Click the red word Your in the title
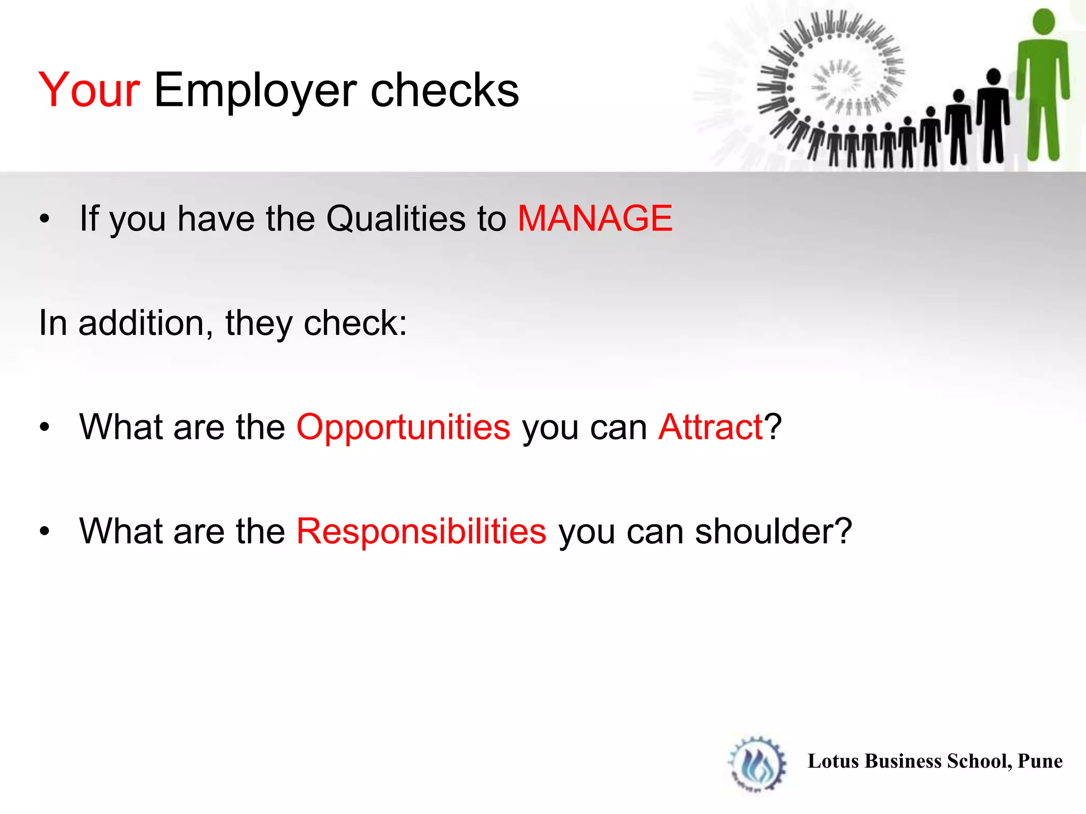(x=89, y=90)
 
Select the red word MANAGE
(x=594, y=218)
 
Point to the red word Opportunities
(x=403, y=427)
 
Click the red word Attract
(x=710, y=427)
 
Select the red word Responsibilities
(x=421, y=531)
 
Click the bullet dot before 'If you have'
(x=45, y=218)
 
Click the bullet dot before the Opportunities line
(x=45, y=427)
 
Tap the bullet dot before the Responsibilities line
(x=45, y=531)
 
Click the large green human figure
(x=1043, y=90)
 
